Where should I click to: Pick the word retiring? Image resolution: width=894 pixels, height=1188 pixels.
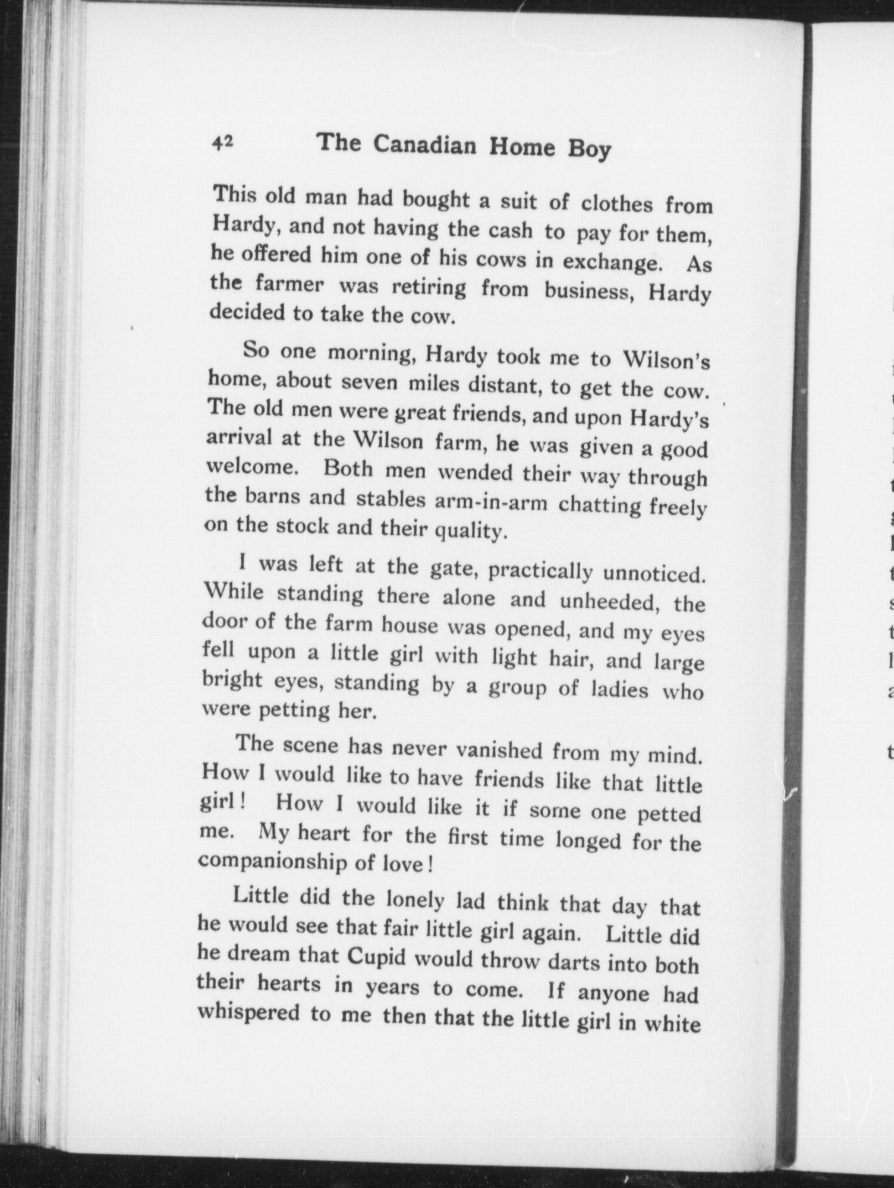(x=427, y=287)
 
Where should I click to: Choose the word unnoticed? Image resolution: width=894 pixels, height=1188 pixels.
(x=654, y=574)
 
